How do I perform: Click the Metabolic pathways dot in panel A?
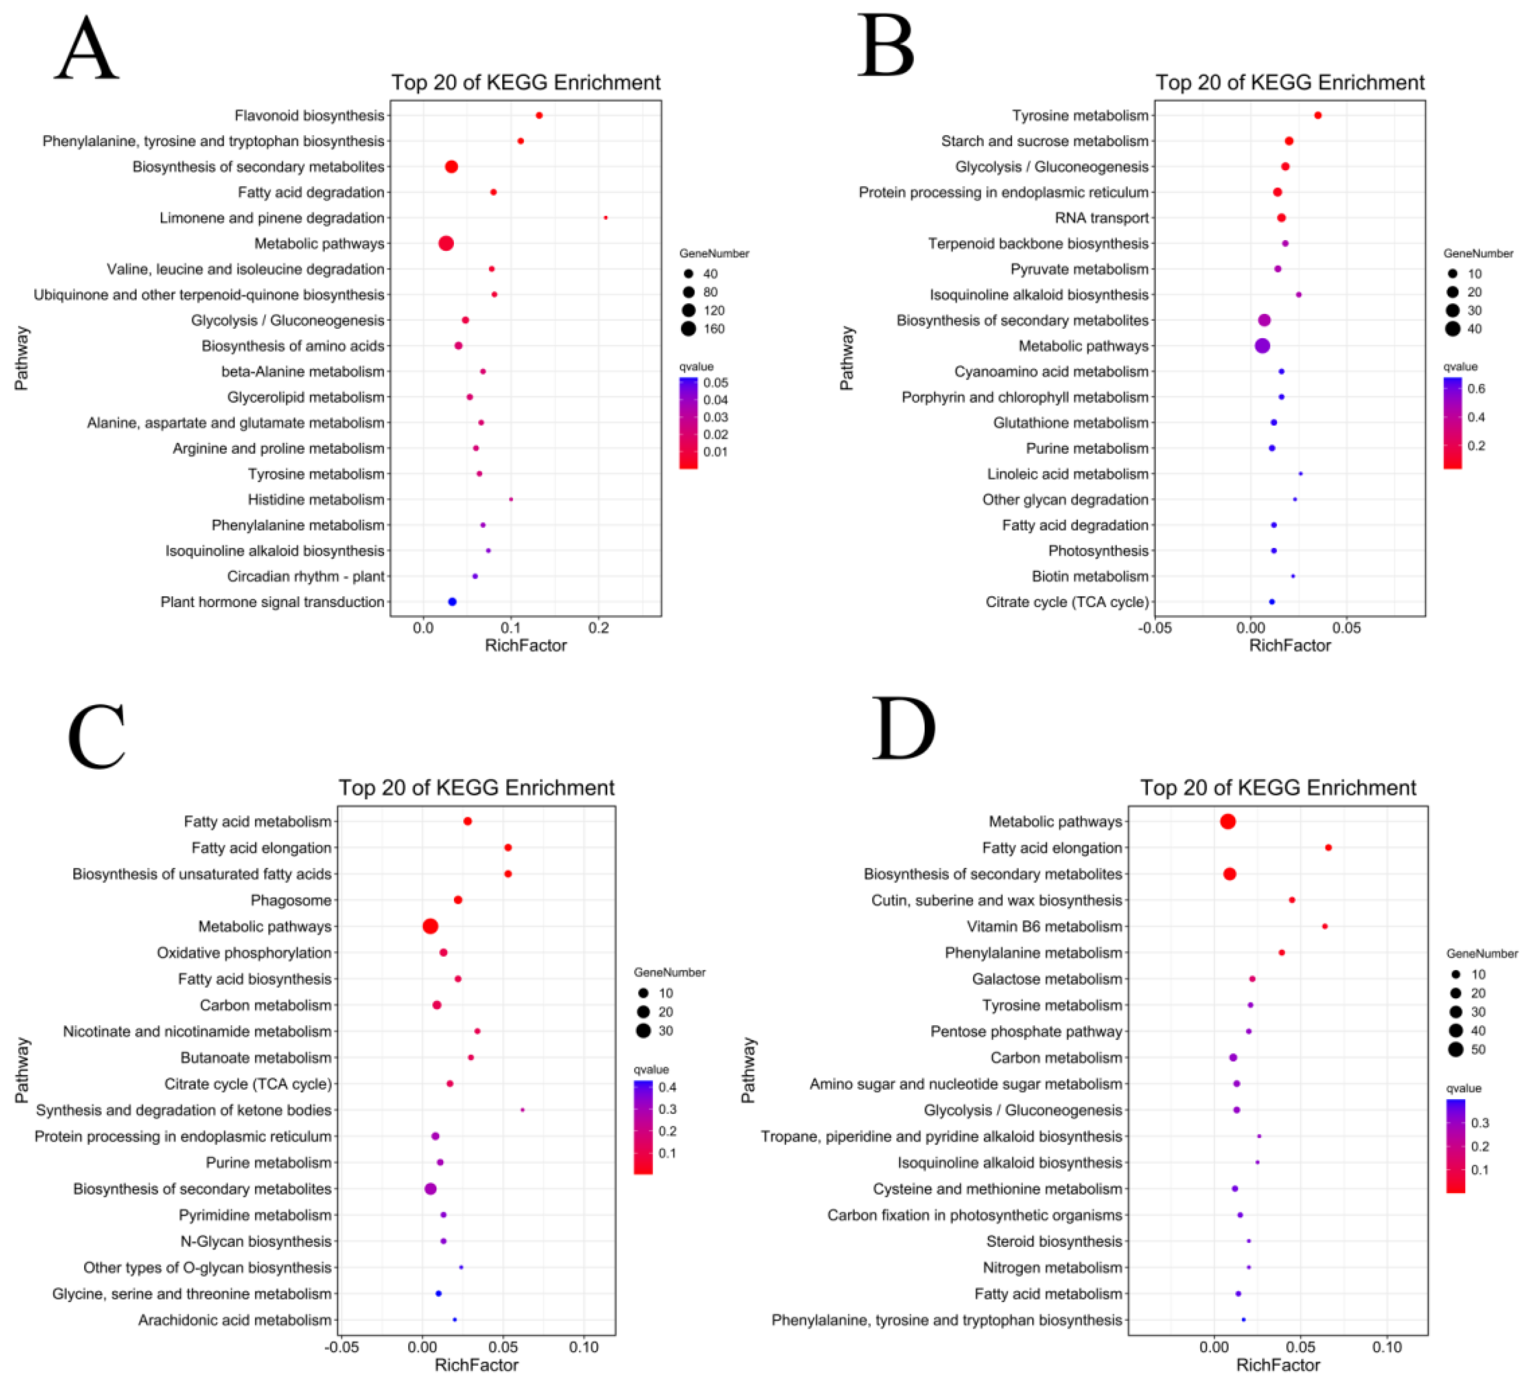point(447,243)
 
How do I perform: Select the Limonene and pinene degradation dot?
point(605,217)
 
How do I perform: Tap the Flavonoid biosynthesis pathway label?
point(309,115)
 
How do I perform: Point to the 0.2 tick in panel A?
point(599,627)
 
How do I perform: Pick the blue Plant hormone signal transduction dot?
point(452,602)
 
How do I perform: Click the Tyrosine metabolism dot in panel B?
point(1318,115)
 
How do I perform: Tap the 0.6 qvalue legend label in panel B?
point(1475,389)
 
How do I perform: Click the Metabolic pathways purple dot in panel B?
point(1262,345)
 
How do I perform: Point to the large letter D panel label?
point(904,729)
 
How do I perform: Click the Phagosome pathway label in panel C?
point(291,900)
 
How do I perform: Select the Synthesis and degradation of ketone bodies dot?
point(522,1110)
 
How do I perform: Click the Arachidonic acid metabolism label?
point(235,1320)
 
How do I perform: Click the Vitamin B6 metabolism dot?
point(1324,926)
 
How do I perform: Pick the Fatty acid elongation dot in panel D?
point(1328,848)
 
